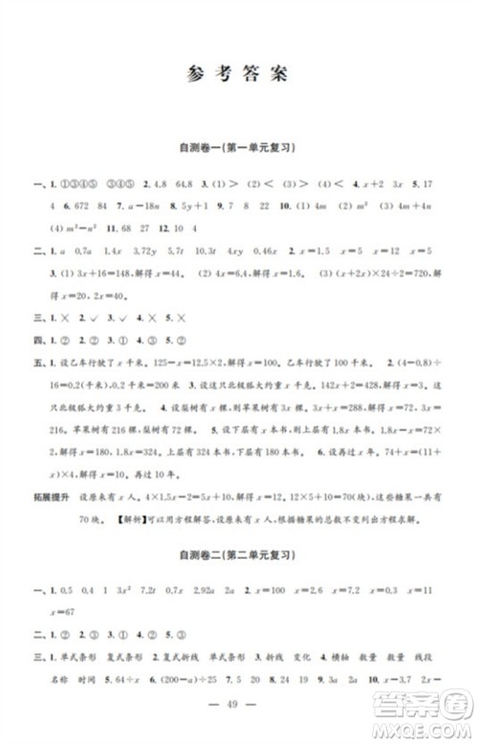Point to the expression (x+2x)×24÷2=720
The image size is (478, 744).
pos(362,273)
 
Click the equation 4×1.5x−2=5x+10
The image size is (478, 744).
pos(178,495)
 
